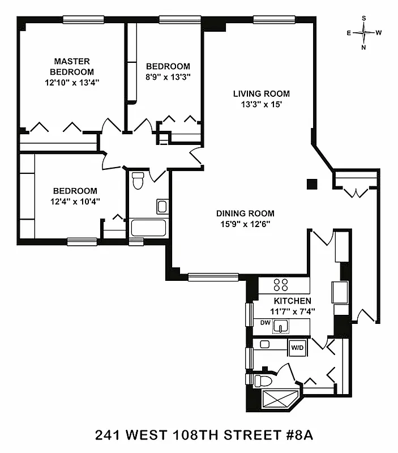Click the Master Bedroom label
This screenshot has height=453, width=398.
coord(73,66)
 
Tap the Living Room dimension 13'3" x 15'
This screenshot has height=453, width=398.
coord(261,104)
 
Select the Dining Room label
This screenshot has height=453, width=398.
coord(245,213)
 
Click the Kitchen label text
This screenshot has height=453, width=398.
coord(292,301)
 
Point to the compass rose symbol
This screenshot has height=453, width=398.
coord(364,33)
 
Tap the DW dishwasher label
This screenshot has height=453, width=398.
coord(264,323)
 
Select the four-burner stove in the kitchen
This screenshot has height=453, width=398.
coord(280,285)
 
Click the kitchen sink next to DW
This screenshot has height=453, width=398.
coord(281,326)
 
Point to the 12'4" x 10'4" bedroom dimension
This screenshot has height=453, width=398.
coord(75,201)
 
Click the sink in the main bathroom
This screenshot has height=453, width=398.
coord(162,206)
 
